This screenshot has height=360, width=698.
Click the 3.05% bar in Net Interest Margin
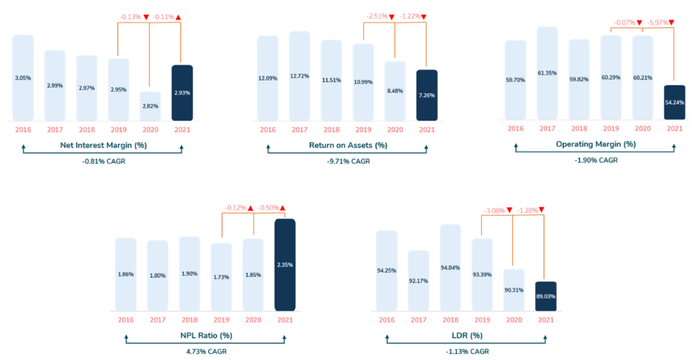pyautogui.click(x=23, y=78)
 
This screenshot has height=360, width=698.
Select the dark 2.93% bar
pyautogui.click(x=182, y=93)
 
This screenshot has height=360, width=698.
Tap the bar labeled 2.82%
pyautogui.click(x=150, y=106)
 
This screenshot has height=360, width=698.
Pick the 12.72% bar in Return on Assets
pyautogui.click(x=299, y=76)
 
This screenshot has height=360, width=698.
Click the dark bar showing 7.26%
pyautogui.click(x=427, y=95)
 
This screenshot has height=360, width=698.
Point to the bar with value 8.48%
pyautogui.click(x=395, y=91)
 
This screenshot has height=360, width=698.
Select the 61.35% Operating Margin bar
pyautogui.click(x=547, y=73)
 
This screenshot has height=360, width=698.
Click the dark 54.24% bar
pyautogui.click(x=674, y=102)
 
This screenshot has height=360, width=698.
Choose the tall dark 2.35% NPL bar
pyautogui.click(x=285, y=264)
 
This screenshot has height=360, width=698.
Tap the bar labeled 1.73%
pyautogui.click(x=221, y=276)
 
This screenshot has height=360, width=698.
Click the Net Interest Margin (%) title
pyautogui.click(x=102, y=144)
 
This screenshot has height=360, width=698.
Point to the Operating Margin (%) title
pyautogui.click(x=595, y=144)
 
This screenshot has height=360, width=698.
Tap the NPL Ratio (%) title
pyautogui.click(x=205, y=335)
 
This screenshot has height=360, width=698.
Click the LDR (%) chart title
pyautogui.click(x=467, y=335)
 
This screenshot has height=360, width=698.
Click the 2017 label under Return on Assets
pyautogui.click(x=299, y=129)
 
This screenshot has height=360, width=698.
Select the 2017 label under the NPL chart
pyautogui.click(x=157, y=318)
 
